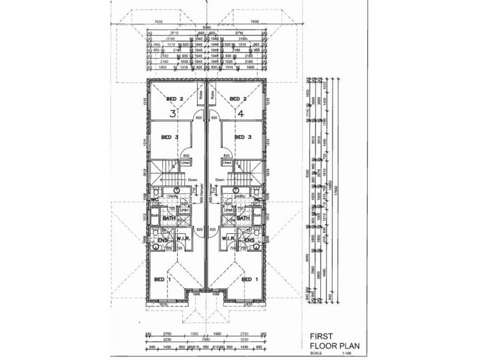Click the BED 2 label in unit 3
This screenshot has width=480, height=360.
[175, 99]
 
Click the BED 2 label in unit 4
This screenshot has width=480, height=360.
[238, 99]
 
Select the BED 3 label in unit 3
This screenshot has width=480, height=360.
[170, 137]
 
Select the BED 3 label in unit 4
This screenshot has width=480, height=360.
[242, 137]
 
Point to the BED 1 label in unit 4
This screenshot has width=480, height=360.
[250, 280]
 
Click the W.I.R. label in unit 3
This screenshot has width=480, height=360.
[184, 240]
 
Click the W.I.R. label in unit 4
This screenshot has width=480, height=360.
[229, 240]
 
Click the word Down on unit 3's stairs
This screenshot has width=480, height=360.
[193, 179]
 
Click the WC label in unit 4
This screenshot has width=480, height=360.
[258, 200]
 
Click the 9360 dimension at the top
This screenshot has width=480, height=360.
[206, 26]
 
